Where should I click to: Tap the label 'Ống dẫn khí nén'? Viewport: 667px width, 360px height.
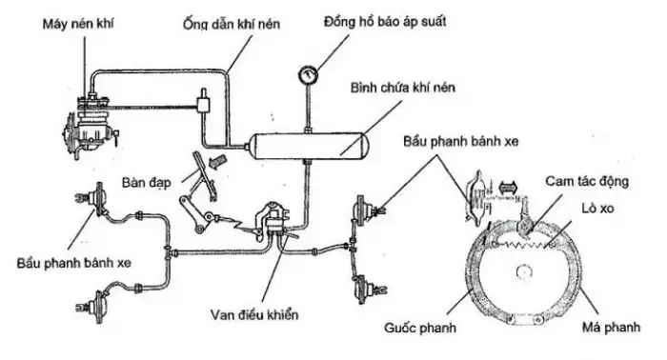[x=227, y=20]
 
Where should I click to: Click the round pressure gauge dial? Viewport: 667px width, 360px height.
[x=309, y=74]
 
